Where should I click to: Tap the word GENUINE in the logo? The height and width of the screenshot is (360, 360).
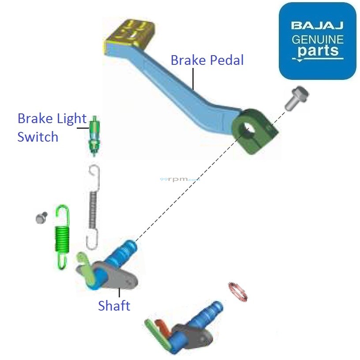click(x=317, y=39)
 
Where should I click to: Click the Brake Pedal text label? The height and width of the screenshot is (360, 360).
click(x=207, y=60)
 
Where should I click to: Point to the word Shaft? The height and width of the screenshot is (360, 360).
click(x=114, y=305)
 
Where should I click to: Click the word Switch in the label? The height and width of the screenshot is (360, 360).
click(x=38, y=137)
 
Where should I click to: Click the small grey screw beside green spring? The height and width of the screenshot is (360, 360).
click(x=41, y=217)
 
